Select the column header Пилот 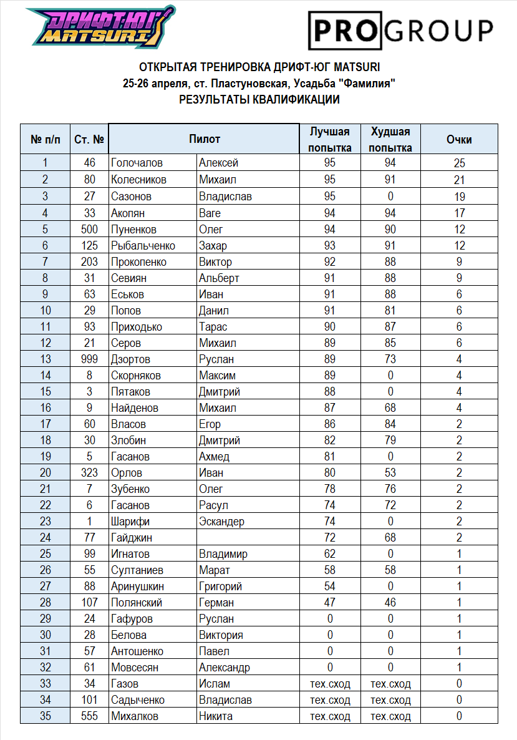coord(205,139)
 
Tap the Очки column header coord(459,139)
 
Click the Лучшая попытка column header coord(331,139)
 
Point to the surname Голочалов coord(137,163)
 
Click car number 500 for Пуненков coord(89,228)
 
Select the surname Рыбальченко coord(143,245)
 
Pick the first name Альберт coord(219,278)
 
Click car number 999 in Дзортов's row coord(89,359)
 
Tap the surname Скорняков coord(136,375)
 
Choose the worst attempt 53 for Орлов coord(391,472)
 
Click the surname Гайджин coord(132,537)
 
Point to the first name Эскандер coord(221,521)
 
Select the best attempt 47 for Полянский coord(330,602)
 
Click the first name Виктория coord(221,635)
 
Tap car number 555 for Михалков coord(89,716)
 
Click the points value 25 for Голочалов coord(460,163)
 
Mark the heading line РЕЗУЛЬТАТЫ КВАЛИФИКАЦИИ coord(259,99)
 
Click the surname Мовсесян coord(135,667)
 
